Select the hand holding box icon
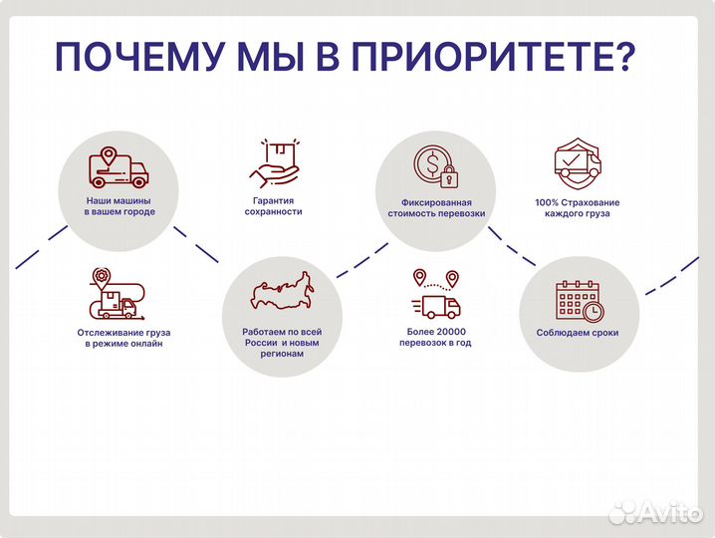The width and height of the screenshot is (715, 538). coord(274,162)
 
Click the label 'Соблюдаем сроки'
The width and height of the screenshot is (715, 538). coord(578,333)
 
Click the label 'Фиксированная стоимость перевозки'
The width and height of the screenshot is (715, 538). coord(436,207)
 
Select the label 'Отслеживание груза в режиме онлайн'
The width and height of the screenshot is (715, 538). coord(119,337)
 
